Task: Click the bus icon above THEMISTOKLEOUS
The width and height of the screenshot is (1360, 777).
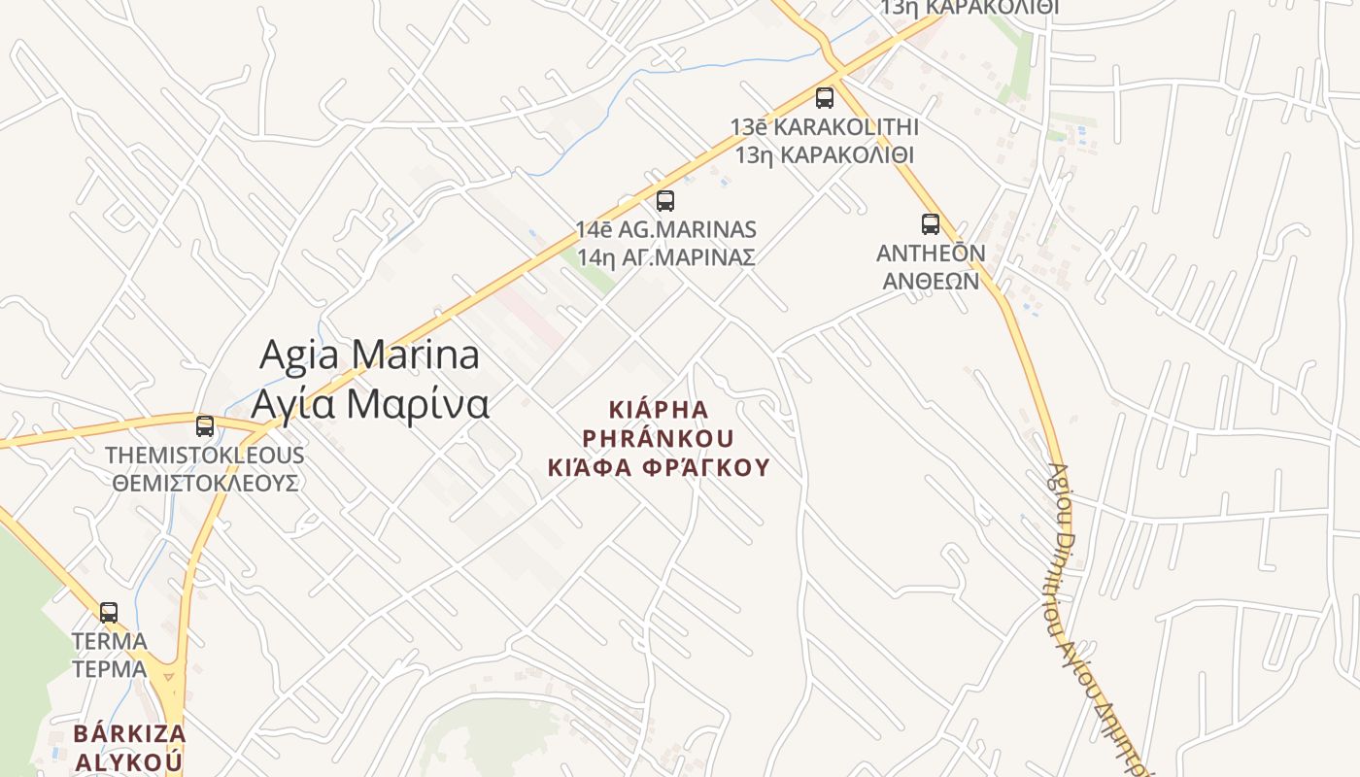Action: point(205,425)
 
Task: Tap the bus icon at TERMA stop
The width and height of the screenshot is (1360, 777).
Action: point(109,612)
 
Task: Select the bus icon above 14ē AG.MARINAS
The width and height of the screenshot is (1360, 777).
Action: point(665,201)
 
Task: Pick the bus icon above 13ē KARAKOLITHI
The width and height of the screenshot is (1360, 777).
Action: point(825,97)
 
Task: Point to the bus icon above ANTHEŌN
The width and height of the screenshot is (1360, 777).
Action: point(931,224)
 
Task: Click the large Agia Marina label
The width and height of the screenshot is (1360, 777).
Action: point(369,355)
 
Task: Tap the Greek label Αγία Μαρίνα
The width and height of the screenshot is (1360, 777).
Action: point(370,403)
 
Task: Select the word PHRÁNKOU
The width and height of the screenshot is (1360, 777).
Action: point(658,438)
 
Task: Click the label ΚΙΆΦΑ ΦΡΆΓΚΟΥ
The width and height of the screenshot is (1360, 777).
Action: point(658,467)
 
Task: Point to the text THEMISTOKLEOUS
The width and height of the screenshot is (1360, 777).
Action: point(204,455)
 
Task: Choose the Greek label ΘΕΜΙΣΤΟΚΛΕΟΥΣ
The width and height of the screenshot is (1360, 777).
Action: point(204,483)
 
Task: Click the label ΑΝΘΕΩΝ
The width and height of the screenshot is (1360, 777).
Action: point(931,281)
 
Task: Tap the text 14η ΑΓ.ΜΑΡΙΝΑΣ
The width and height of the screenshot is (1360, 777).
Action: point(665,257)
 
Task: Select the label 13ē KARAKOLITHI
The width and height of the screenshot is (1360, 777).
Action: point(824,126)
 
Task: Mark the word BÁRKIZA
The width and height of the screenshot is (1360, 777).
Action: point(130,732)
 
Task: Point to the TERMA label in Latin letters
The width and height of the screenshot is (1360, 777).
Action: point(109,641)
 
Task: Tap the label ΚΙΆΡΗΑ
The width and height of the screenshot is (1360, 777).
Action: point(658,409)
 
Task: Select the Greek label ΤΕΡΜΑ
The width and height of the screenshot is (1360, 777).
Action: point(109,669)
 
